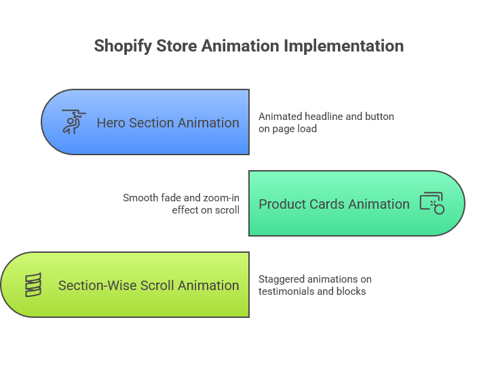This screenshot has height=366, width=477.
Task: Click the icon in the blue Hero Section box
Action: [x=73, y=122]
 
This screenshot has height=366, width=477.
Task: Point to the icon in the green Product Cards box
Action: [x=432, y=203]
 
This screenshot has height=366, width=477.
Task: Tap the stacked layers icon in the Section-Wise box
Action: [x=33, y=285]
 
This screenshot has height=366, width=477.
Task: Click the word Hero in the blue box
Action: [x=111, y=123]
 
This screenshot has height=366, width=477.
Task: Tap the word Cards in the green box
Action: [x=330, y=204]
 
